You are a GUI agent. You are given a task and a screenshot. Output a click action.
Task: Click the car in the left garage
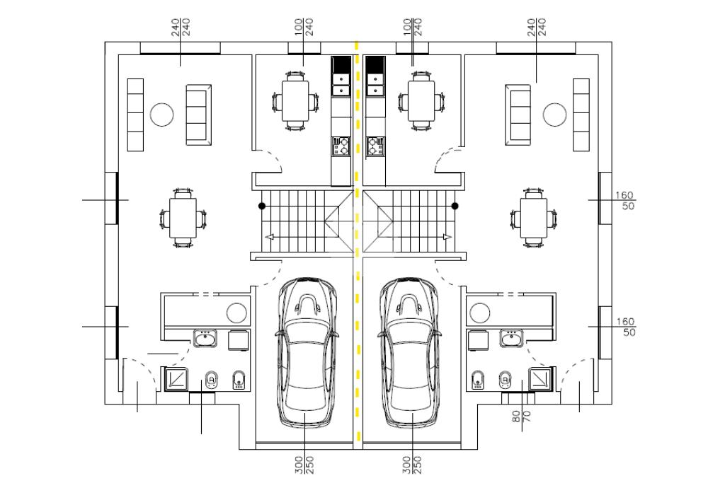point(304,351)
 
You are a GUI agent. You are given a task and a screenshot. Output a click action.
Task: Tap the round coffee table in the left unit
point(162,114)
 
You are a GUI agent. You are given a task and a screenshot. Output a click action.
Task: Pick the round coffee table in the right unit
point(554,114)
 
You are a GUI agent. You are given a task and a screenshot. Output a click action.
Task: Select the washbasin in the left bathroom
point(205,339)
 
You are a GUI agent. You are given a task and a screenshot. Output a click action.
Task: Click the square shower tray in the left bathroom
point(176,378)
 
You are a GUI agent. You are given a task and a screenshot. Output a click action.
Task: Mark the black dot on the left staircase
point(262,206)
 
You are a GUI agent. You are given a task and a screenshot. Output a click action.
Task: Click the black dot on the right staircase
point(455,206)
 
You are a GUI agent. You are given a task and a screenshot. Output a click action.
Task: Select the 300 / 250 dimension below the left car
point(304,463)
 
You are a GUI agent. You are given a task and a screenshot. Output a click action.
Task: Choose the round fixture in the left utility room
point(236,312)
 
